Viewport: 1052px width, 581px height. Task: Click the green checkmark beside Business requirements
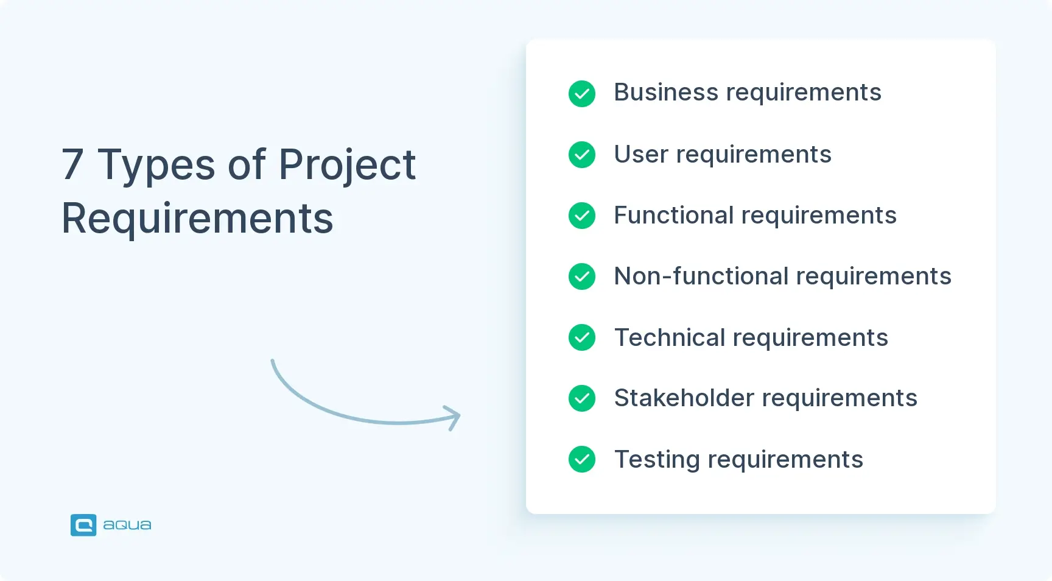[x=582, y=94]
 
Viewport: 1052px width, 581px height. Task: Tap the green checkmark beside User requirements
[x=582, y=155]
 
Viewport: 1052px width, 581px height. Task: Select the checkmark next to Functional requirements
[x=582, y=216]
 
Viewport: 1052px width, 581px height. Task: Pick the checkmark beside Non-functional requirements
[x=582, y=276]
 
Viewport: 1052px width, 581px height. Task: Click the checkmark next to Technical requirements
[x=582, y=337]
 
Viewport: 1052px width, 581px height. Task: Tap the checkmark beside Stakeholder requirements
[x=582, y=398]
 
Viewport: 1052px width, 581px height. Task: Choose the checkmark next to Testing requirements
[x=582, y=459]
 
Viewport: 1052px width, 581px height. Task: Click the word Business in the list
[x=666, y=93]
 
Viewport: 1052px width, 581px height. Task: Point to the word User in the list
[x=641, y=154]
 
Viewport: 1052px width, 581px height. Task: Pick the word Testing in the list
[x=657, y=460]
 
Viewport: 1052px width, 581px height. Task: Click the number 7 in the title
[x=72, y=164]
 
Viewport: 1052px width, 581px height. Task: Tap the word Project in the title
[x=347, y=166]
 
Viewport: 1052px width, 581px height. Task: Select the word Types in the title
[x=156, y=166]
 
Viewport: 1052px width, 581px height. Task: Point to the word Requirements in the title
[x=197, y=218]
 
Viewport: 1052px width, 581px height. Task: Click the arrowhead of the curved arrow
[x=454, y=417]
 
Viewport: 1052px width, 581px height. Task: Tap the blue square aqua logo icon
[x=83, y=525]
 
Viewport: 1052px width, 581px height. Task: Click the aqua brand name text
[x=127, y=525]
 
